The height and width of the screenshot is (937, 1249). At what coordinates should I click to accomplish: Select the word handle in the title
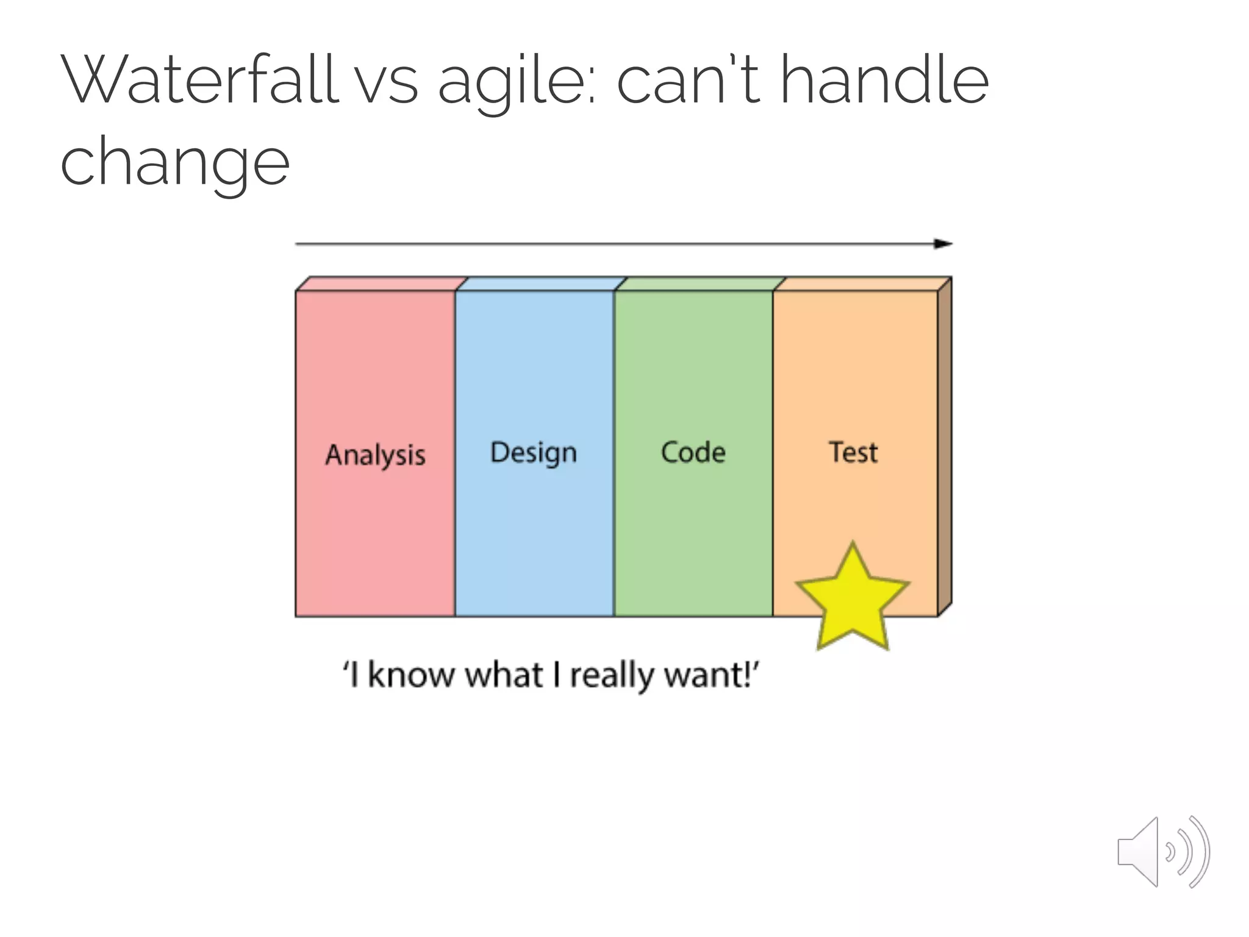pos(884,79)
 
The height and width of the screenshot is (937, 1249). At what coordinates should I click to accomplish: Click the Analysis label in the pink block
pos(375,455)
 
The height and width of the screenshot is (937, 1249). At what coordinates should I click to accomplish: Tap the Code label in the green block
pos(693,453)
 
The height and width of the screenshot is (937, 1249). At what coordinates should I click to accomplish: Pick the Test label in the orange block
pos(853,453)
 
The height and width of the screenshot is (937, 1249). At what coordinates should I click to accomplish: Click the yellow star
pos(852,601)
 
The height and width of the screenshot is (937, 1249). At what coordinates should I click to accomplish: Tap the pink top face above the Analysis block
pos(381,284)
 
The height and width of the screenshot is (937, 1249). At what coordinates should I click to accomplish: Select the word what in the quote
pos(504,675)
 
